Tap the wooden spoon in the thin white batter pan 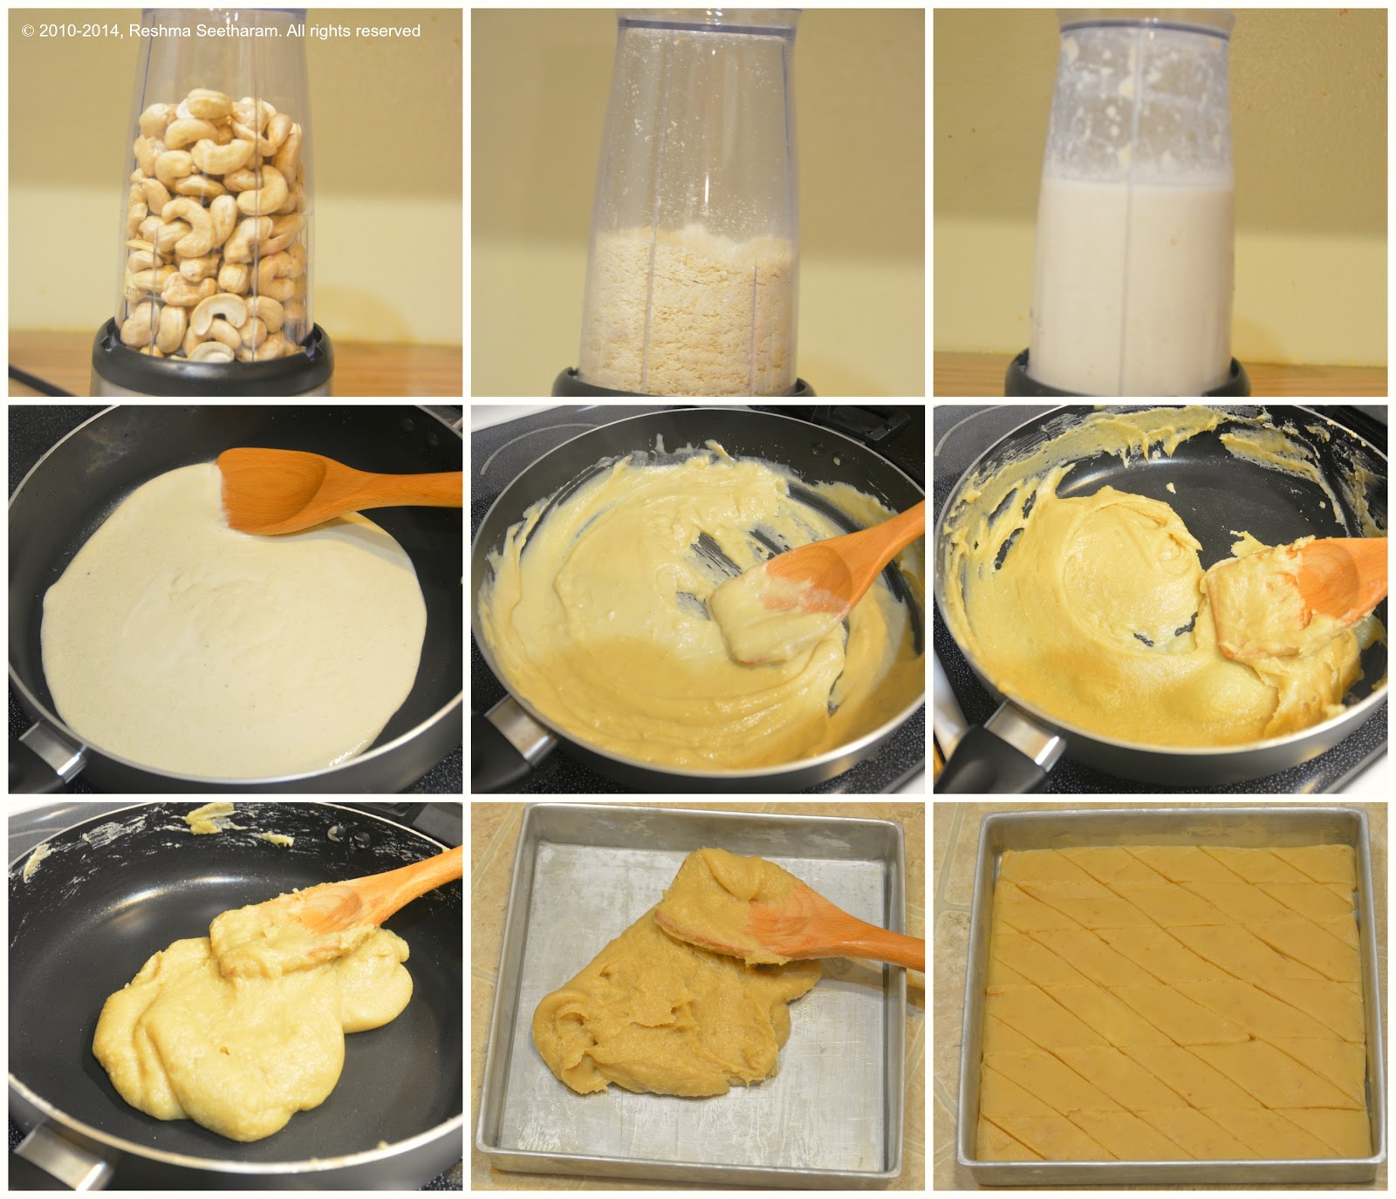point(336,488)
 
